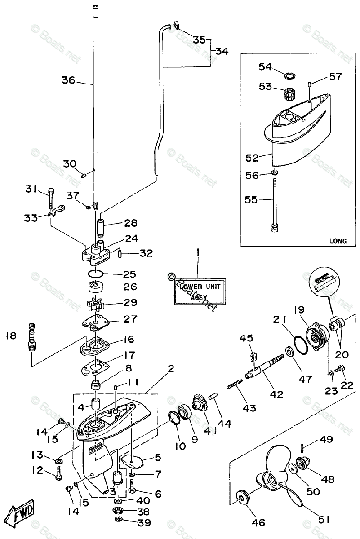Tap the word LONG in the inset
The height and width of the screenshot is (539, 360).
(x=338, y=241)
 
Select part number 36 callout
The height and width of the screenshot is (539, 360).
(x=69, y=80)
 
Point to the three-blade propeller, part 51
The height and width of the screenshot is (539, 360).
(x=279, y=476)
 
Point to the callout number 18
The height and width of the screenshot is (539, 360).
(x=12, y=335)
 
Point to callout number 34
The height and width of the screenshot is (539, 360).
(x=221, y=51)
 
